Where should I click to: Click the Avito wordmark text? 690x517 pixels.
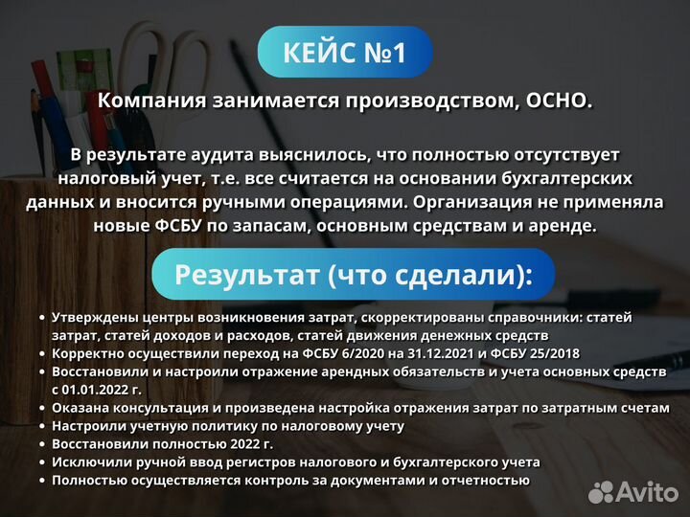[x=647, y=492]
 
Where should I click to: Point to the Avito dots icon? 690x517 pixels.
[x=601, y=492]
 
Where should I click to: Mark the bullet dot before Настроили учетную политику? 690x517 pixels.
[x=41, y=426]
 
